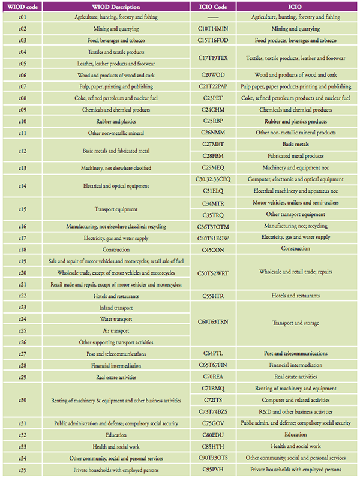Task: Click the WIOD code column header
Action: pos(22,6)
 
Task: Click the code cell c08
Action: pos(22,98)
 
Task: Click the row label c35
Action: pos(22,470)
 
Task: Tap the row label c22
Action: pos(22,296)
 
